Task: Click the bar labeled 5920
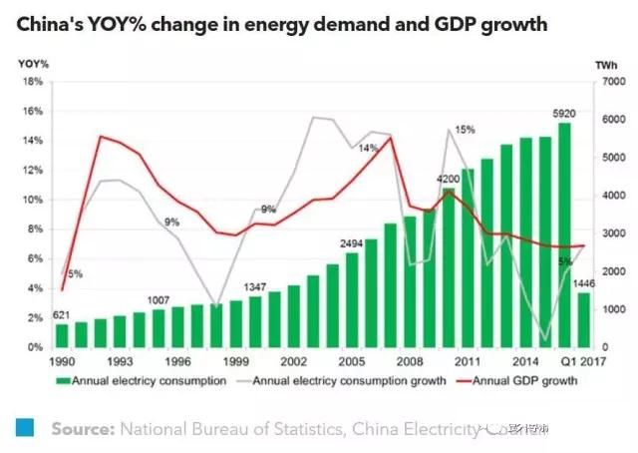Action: point(564,235)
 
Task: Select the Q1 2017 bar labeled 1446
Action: point(583,319)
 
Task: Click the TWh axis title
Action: point(605,65)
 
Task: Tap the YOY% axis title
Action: point(33,65)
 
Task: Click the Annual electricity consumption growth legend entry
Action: point(323,381)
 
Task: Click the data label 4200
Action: point(448,179)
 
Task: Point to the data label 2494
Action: point(351,242)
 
